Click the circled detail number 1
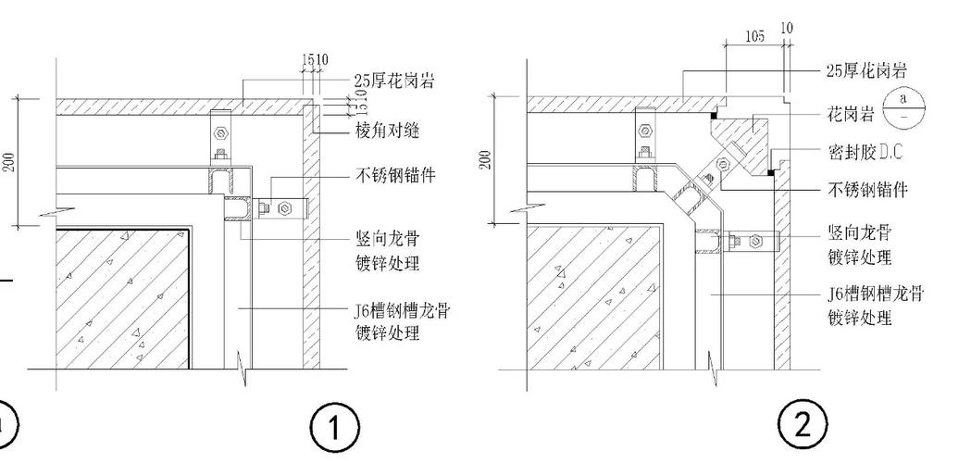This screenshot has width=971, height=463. pos(334,428)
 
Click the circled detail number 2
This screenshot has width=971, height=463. pos(803,425)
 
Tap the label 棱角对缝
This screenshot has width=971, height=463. pos(387,131)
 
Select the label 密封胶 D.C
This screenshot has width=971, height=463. pos(865,152)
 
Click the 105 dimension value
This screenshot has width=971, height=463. pos(754,36)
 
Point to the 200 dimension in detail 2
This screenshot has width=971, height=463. pos(485,161)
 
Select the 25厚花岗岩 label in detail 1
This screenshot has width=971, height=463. pos(393,81)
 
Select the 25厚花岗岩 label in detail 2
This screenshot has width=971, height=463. pos(867,70)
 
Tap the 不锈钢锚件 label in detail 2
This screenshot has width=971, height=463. pos(867,190)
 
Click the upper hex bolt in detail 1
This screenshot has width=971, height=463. pos(220,133)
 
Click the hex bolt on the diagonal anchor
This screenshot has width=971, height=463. pos(722,164)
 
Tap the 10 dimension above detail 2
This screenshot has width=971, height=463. pos(787,29)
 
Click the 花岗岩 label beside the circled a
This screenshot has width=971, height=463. pos(851,114)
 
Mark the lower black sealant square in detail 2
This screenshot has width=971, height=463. pos(771,172)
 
